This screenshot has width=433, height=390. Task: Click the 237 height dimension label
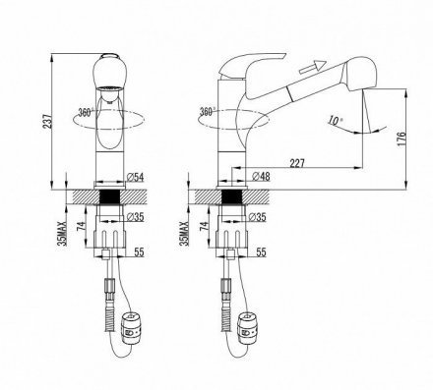pos(47,121)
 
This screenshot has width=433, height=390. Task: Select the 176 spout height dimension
pos(402,139)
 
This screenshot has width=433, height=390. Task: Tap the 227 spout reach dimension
pos(297,163)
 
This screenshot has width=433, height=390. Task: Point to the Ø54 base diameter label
pos(135,177)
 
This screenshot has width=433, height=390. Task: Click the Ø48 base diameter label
pos(262,176)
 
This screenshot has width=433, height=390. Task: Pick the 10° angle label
pos(335,121)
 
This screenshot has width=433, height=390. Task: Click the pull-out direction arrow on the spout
pos(312,67)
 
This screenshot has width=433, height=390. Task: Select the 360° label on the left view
pos(86,112)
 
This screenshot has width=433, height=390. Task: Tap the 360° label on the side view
pos(208,111)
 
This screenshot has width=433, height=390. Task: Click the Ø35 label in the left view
pos(135,217)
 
